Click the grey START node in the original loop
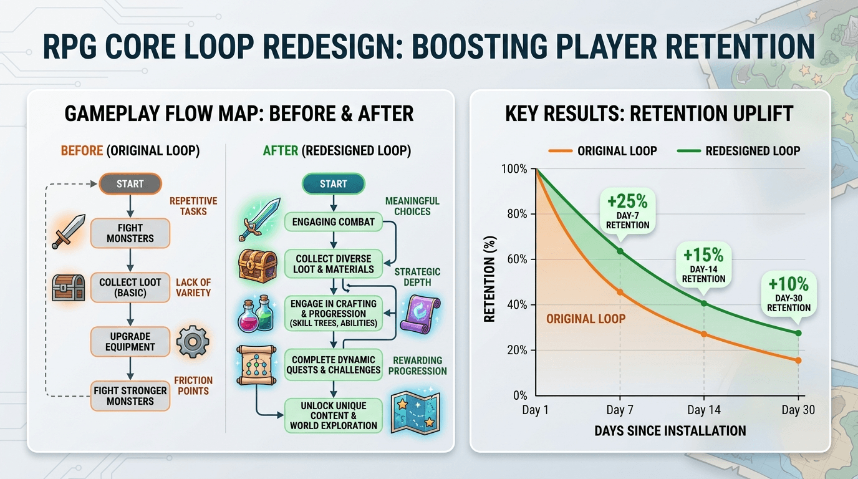[x=130, y=184]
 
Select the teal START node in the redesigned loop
[x=333, y=184]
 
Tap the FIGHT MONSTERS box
[x=130, y=233]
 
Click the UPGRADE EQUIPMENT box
[x=130, y=341]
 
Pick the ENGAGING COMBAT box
[x=333, y=222]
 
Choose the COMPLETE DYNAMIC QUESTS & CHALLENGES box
[x=333, y=365]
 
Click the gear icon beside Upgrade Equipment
[x=193, y=341]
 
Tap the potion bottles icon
[x=256, y=314]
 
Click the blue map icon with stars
[x=415, y=413]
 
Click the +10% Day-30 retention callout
[x=789, y=294]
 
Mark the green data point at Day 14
[x=704, y=304]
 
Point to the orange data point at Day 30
[x=798, y=360]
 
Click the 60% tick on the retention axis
[x=517, y=259]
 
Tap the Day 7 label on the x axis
[x=620, y=410]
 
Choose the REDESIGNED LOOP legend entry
[x=738, y=151]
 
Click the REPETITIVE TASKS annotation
[x=193, y=206]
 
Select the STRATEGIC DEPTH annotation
[x=418, y=277]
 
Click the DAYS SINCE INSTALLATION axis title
[x=670, y=431]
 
